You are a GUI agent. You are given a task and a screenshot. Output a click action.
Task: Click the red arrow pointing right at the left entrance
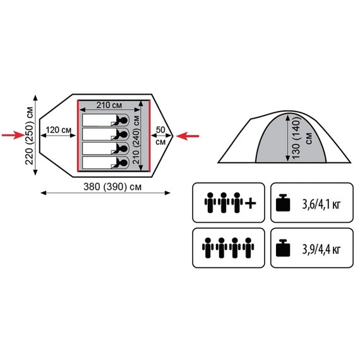pos(13,135)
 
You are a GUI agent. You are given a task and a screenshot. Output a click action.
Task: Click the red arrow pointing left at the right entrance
pos(188,136)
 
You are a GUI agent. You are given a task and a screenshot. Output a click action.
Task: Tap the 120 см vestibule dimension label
pos(59,130)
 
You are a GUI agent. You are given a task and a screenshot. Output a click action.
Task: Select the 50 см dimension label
pos(160,136)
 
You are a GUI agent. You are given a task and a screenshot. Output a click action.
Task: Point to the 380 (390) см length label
pos(112,187)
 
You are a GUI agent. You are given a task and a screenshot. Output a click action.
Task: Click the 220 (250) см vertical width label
pos(30,135)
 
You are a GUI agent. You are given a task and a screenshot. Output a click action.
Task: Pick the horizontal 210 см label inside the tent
pos(109,105)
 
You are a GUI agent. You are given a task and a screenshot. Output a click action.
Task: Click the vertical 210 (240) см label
pos(136,140)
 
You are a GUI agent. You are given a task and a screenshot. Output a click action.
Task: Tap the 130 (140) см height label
pos(300,138)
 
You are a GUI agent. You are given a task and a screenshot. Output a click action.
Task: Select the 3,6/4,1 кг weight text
pos(321,204)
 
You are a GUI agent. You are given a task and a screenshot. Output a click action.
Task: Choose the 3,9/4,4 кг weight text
pos(321,249)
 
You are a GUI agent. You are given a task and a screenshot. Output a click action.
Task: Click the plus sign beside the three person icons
pos(251,203)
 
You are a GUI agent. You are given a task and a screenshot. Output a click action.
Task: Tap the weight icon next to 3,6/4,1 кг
pos(283,203)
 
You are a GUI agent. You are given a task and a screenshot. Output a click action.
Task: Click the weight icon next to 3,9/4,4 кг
pos(283,248)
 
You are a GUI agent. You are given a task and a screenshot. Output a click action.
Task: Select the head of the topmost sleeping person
pos(123,120)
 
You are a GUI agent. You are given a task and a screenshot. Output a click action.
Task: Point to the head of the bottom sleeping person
pos(123,163)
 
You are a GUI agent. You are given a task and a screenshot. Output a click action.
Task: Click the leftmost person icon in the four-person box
pos(208,248)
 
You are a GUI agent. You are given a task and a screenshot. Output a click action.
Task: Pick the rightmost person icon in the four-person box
pos(248,248)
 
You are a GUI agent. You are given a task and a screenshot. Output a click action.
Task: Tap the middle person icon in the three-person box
pos(224,203)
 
